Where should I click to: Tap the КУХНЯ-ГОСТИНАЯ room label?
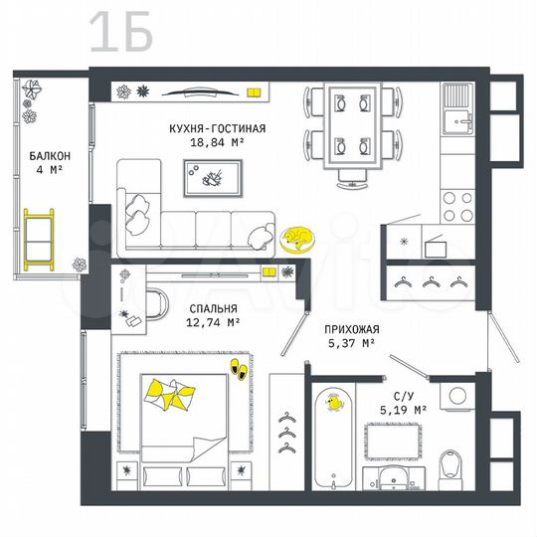[x=217, y=128]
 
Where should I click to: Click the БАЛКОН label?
[x=49, y=156]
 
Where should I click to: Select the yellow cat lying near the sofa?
[x=295, y=238]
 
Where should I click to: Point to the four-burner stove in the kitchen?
[x=456, y=205]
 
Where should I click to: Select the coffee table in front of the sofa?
[x=214, y=178]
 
